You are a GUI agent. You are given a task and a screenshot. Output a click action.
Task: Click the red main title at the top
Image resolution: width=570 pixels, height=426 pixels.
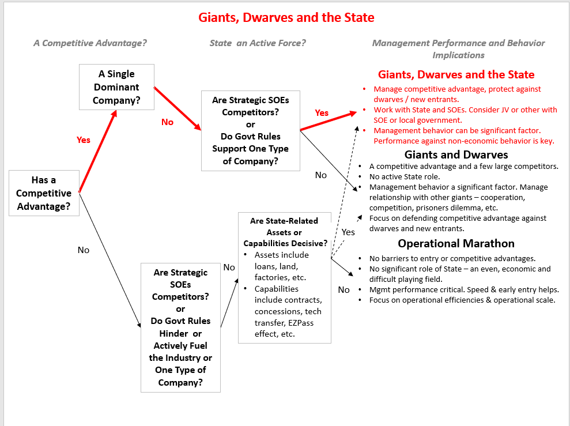[x=286, y=17]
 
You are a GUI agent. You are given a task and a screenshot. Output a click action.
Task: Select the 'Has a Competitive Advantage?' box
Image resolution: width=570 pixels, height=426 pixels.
[x=44, y=193]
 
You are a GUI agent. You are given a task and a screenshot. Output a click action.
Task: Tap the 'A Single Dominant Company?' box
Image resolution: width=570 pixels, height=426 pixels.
[x=116, y=87]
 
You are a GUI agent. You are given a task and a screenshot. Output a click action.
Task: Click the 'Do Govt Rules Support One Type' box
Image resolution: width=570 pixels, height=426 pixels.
[x=251, y=131]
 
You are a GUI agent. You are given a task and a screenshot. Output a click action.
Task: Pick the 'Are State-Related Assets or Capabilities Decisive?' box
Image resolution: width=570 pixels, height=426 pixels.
[x=285, y=278]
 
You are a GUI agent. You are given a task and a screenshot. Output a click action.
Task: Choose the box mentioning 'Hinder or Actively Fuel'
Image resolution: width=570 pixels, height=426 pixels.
[x=180, y=327]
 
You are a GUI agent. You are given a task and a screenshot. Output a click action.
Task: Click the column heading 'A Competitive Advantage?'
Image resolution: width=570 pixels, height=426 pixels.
[x=90, y=43]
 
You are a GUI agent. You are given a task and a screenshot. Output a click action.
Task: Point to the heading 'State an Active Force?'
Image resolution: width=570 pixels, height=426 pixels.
[x=258, y=43]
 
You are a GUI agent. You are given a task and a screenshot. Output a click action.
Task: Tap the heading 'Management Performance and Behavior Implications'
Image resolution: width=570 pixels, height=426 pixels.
[x=458, y=49]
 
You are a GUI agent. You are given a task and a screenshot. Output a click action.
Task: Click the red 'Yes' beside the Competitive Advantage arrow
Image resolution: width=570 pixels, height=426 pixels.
[x=83, y=140]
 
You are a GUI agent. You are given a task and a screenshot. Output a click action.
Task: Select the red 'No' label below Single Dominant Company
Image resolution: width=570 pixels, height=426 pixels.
[x=167, y=122]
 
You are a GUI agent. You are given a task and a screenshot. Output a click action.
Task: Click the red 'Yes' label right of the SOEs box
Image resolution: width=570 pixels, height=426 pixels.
[x=322, y=112]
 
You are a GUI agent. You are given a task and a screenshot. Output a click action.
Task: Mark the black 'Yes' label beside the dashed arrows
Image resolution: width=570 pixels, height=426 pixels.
[x=348, y=232]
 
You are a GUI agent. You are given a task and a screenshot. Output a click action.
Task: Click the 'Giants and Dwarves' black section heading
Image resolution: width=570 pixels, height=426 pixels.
[x=456, y=155]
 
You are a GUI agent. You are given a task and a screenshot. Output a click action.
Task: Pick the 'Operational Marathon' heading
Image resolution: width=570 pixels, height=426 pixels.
[x=456, y=243]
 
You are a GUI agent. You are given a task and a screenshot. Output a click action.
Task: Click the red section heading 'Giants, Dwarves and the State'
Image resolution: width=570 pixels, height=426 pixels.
[x=456, y=74]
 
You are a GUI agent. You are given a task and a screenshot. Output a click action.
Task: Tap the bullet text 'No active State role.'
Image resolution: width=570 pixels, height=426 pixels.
[x=405, y=176]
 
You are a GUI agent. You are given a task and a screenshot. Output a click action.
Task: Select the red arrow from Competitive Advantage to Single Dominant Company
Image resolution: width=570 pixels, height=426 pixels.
[x=98, y=151]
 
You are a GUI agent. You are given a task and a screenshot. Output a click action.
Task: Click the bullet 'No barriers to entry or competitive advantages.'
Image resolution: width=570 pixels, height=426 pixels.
[x=452, y=258]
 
